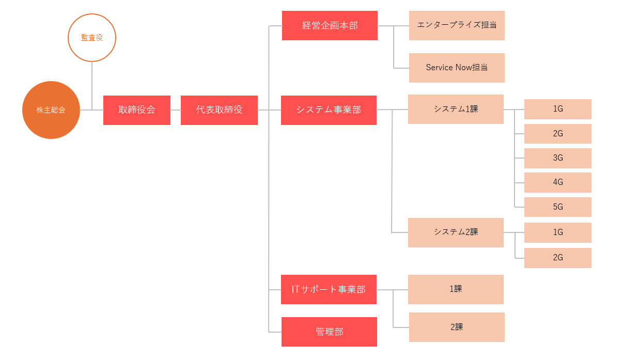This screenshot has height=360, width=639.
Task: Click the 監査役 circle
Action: (92, 38)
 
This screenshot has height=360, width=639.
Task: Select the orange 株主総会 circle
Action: (51, 110)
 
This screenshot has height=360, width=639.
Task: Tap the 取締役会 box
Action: (137, 110)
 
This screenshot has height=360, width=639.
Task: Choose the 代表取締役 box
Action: (219, 110)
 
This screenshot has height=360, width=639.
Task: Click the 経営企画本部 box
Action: (330, 25)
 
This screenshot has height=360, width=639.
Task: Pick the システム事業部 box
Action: (329, 110)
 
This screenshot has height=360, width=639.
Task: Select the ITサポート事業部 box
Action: (329, 289)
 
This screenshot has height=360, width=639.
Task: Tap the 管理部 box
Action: (329, 332)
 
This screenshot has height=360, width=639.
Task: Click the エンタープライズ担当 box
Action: (457, 25)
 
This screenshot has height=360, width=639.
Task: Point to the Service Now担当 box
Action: (457, 68)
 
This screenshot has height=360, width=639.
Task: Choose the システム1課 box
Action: (456, 109)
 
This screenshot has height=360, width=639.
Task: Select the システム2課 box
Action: (456, 232)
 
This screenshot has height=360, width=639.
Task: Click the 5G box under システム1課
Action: (557, 207)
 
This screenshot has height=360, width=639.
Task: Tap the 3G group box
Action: (557, 158)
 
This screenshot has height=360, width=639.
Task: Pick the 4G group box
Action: (557, 182)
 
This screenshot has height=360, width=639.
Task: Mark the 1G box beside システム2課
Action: (557, 232)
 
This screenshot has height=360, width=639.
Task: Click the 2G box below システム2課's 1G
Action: (557, 258)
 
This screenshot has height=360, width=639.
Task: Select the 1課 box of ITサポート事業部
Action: (456, 289)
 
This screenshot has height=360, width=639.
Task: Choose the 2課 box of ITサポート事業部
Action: (457, 327)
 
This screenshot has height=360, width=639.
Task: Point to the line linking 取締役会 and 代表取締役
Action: (176, 110)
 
